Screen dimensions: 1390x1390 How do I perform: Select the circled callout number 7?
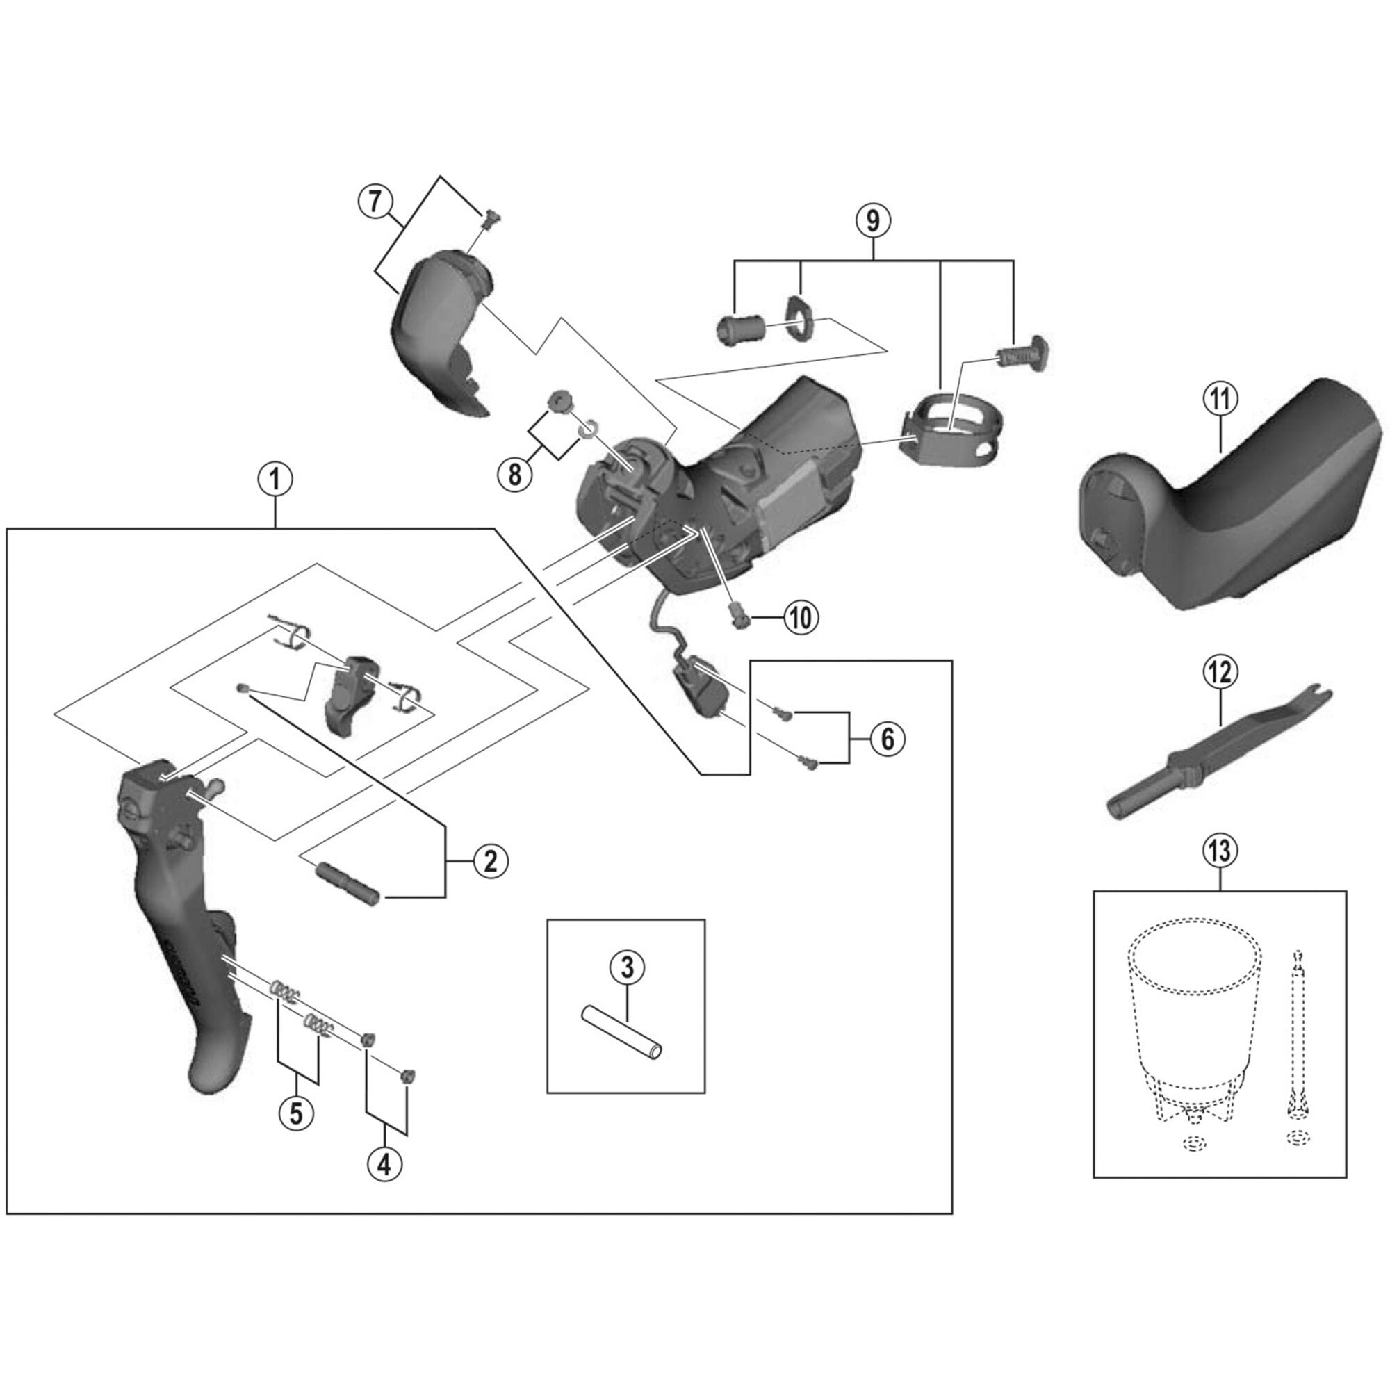point(375,201)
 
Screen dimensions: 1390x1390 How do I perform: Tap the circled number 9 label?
point(872,221)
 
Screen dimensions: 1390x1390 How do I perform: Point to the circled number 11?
point(1221,400)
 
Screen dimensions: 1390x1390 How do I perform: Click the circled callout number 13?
point(1220,851)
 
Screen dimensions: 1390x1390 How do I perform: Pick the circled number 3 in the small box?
point(627,967)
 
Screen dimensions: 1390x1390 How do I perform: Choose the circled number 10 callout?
point(801,617)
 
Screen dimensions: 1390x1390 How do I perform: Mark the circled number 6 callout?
point(887,738)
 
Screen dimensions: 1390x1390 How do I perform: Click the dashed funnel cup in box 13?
point(1194,1022)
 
